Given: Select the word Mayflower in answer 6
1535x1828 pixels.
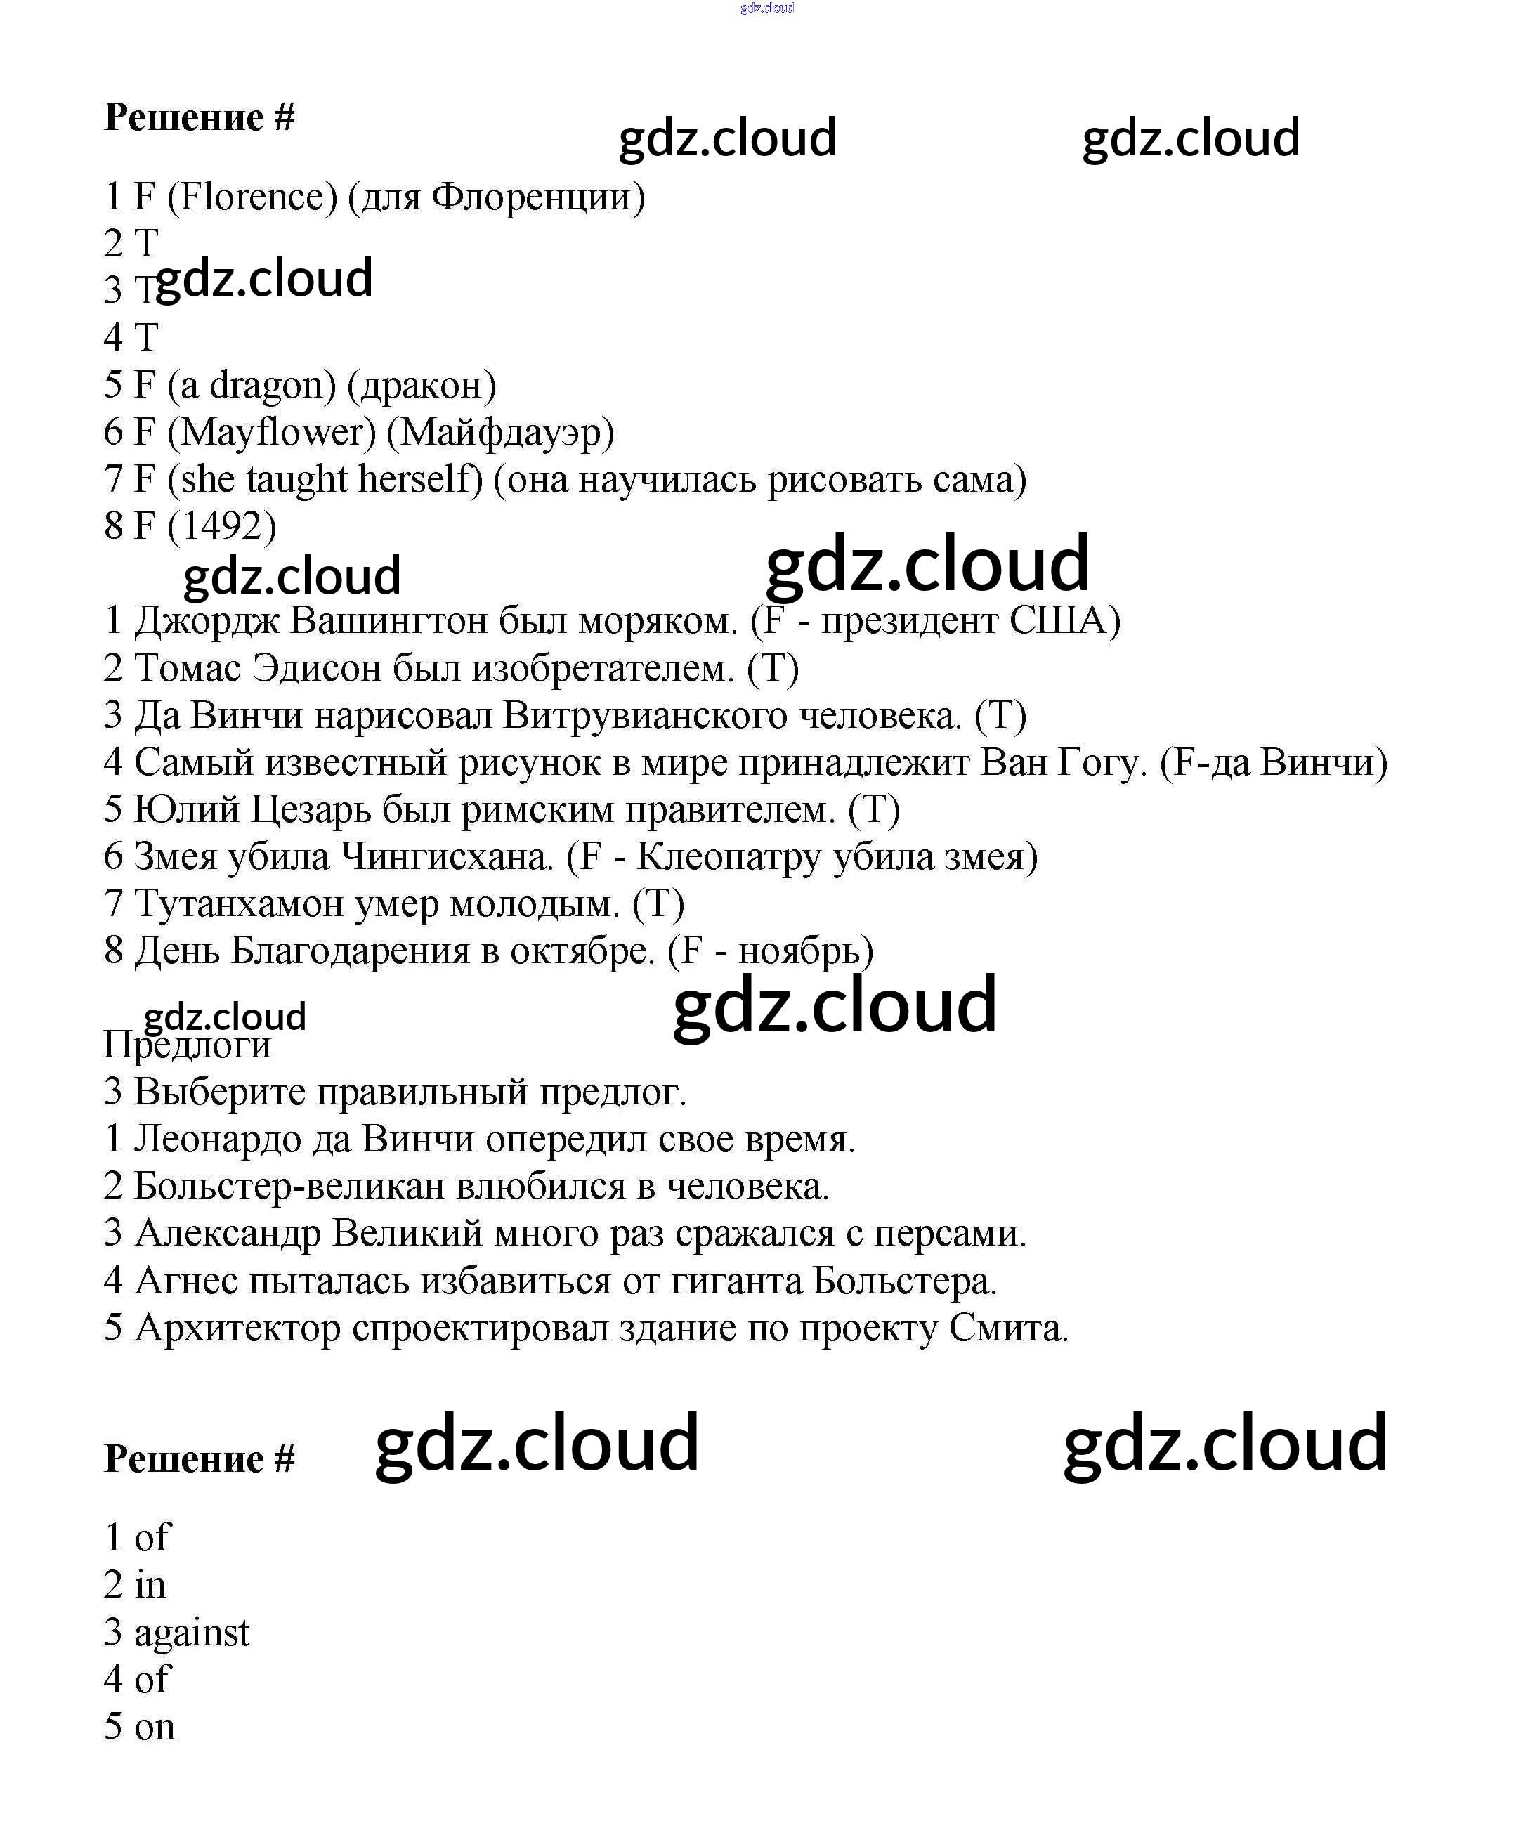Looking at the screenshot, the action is [270, 433].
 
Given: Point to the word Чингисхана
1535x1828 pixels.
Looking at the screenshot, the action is [447, 857].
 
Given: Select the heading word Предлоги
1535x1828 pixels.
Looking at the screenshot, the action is [187, 1045].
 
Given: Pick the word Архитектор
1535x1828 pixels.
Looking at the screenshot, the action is [237, 1328].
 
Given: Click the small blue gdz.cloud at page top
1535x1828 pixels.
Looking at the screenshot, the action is [766, 8].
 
